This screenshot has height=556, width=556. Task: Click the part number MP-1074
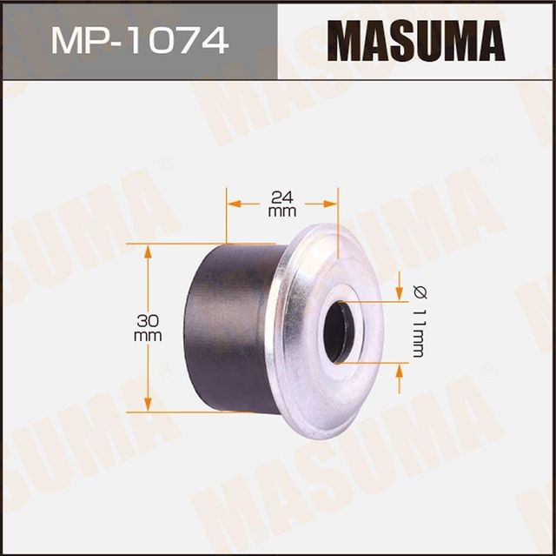click(139, 40)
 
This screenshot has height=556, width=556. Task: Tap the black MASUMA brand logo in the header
click(415, 40)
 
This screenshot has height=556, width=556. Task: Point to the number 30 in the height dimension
click(148, 320)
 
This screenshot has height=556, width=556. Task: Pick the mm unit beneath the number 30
click(148, 335)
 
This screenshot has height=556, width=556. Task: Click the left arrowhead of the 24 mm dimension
click(232, 204)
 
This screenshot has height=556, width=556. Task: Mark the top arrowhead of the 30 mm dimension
click(148, 251)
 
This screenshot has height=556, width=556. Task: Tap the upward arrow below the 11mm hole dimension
click(399, 368)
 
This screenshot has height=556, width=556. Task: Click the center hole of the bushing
click(336, 332)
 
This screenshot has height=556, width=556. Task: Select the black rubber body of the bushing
click(230, 331)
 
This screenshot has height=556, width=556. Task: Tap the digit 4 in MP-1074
click(215, 40)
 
